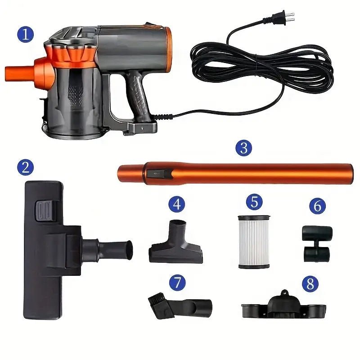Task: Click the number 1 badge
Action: click(x=25, y=34)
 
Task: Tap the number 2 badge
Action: click(x=25, y=167)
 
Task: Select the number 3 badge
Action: click(x=243, y=148)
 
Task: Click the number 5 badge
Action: click(x=254, y=202)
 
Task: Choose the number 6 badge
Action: click(x=317, y=206)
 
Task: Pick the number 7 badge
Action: click(x=177, y=282)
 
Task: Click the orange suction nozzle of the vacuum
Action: click(x=18, y=72)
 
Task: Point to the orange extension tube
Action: click(x=252, y=173)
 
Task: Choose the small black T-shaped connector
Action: click(x=316, y=243)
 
